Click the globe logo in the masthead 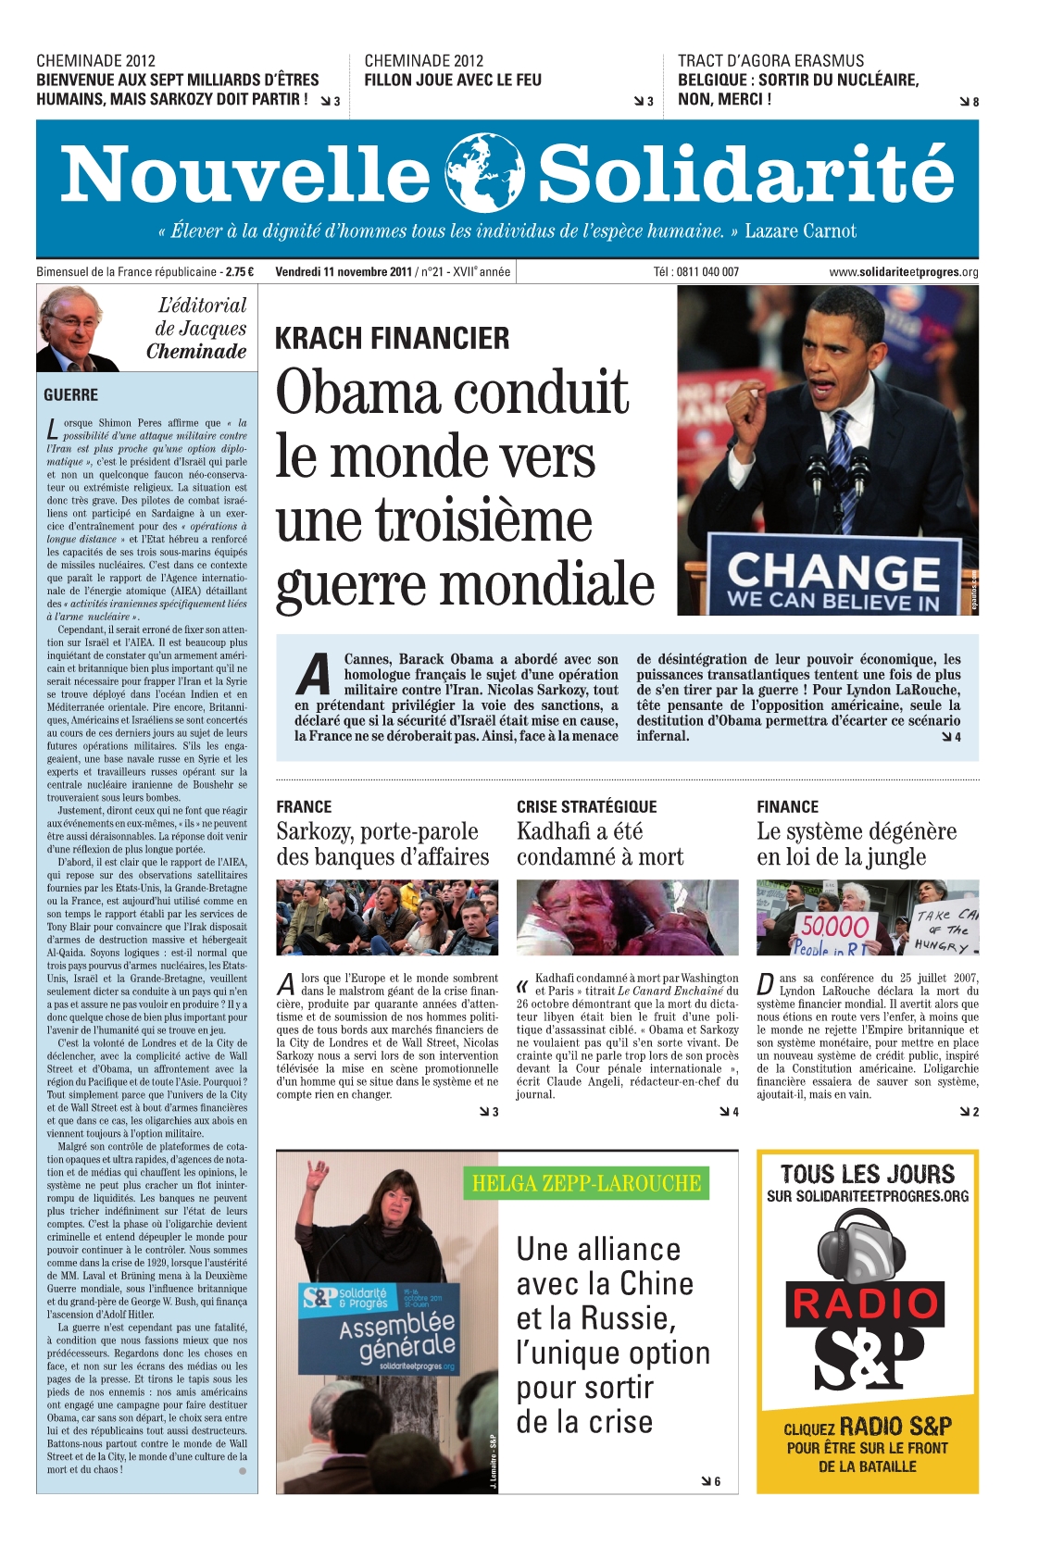click(484, 173)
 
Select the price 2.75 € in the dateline click(239, 272)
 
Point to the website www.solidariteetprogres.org click(903, 272)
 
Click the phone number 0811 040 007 click(707, 272)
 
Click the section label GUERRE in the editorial click(70, 395)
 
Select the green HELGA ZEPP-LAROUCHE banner click(586, 1183)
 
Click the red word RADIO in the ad click(867, 1304)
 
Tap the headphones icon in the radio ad click(866, 1246)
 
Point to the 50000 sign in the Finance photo click(834, 927)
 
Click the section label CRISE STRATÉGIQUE click(586, 807)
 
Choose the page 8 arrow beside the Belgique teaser click(970, 102)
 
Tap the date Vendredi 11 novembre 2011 click(344, 272)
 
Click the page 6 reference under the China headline click(711, 1482)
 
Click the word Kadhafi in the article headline click(557, 831)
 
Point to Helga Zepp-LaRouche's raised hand click(319, 1174)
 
